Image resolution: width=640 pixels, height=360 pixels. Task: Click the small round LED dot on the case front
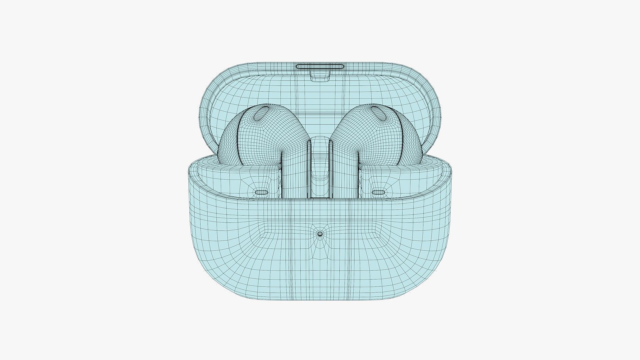coord(320,234)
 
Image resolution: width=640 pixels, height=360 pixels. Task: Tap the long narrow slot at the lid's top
coord(320,66)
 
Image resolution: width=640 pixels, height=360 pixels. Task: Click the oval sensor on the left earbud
coord(261,114)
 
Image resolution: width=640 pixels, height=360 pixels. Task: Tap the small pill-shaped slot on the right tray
coord(379,192)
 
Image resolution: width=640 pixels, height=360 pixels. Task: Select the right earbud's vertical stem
coord(347,173)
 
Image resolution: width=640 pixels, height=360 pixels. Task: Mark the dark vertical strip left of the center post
coord(309,167)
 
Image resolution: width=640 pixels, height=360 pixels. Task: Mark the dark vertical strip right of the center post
coord(331,167)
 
